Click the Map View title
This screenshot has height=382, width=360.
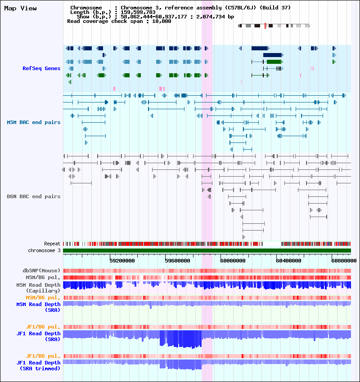click(x=21, y=8)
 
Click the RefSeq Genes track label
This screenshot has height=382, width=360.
click(x=41, y=68)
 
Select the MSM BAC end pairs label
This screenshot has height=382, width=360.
click(x=34, y=122)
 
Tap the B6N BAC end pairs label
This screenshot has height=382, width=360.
click(x=34, y=196)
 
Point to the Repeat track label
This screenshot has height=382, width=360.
click(x=52, y=244)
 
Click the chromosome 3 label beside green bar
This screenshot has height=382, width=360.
click(x=44, y=250)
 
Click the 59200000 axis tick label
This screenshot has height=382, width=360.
click(x=122, y=261)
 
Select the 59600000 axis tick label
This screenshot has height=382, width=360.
click(x=177, y=261)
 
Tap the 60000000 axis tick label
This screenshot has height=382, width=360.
click(x=233, y=261)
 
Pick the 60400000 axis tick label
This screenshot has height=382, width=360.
click(x=288, y=261)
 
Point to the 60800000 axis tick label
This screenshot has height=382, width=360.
click(x=344, y=261)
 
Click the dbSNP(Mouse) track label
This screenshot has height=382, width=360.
click(x=41, y=271)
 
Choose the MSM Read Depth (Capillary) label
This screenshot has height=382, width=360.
click(x=39, y=288)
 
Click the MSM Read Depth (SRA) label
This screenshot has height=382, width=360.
click(x=39, y=307)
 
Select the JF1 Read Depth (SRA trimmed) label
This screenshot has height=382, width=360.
click(x=39, y=366)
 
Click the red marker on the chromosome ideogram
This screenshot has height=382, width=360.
click(x=265, y=26)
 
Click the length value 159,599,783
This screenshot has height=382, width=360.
click(x=138, y=12)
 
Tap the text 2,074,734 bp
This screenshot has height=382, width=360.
click(x=215, y=17)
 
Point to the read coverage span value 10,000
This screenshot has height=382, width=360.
click(x=162, y=21)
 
